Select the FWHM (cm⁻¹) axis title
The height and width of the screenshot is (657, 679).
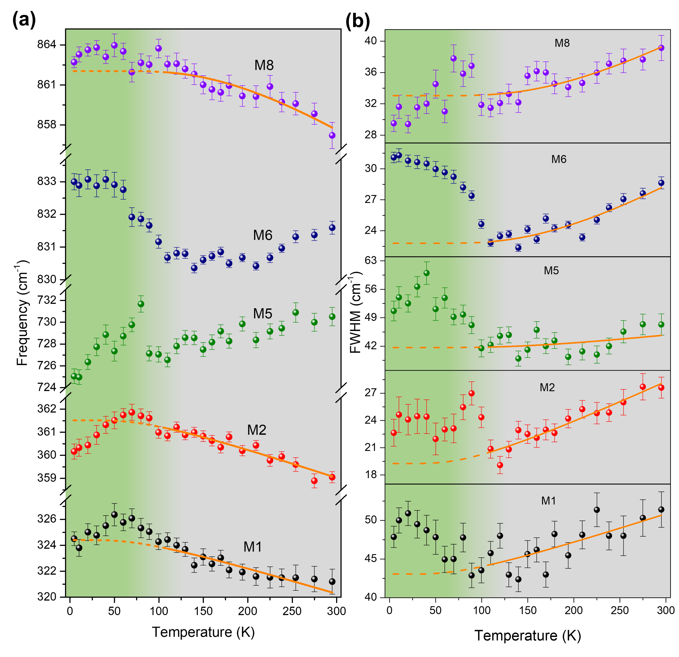pos(356,312)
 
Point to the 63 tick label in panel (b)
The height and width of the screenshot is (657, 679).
pos(371,260)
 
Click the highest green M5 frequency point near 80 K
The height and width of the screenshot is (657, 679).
pos(141,304)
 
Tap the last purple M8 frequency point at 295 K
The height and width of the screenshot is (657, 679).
pos(332,135)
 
